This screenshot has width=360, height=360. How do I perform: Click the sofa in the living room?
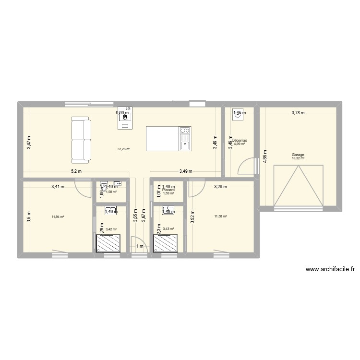(x=81, y=139)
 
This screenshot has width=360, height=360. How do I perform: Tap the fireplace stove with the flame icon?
(x=126, y=117)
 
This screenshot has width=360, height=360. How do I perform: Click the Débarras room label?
(x=239, y=141)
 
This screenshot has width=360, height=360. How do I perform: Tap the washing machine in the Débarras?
(x=238, y=114)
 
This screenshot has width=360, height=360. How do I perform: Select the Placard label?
(x=168, y=190)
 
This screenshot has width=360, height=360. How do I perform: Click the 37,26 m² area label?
(x=124, y=149)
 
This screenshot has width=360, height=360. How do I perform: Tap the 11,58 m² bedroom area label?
(x=221, y=216)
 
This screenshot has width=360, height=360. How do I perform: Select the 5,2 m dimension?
(x=76, y=171)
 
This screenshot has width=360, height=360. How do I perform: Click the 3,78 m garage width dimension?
(x=298, y=113)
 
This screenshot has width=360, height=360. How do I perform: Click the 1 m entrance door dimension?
(x=140, y=247)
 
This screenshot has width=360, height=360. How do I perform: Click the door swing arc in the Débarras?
(x=246, y=166)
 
